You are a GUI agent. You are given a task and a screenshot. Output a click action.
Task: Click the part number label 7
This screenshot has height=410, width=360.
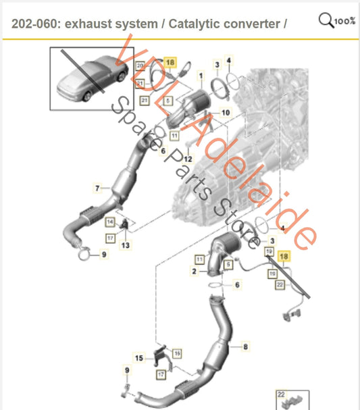(x=98, y=187)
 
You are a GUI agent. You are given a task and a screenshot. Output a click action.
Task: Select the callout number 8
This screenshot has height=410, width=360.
(x=245, y=347)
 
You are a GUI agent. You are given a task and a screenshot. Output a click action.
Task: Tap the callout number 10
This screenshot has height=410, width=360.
(x=226, y=112)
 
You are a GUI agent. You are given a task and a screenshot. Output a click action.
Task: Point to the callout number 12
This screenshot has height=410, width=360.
(x=188, y=159)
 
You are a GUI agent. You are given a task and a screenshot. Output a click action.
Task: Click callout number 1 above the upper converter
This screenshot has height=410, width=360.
(x=197, y=65)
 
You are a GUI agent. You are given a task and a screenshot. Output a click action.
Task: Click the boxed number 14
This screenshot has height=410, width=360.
(x=110, y=222)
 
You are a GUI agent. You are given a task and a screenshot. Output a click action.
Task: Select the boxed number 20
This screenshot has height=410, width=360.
(x=140, y=66)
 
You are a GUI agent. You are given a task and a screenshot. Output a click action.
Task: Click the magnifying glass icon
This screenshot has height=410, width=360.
(x=324, y=21)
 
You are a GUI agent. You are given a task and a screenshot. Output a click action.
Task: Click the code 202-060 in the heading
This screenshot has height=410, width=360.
(x=35, y=24)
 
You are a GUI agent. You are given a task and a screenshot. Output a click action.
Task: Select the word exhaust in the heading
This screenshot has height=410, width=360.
(x=91, y=24)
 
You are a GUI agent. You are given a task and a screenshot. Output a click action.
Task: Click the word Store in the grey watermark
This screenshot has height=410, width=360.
(x=232, y=220)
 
